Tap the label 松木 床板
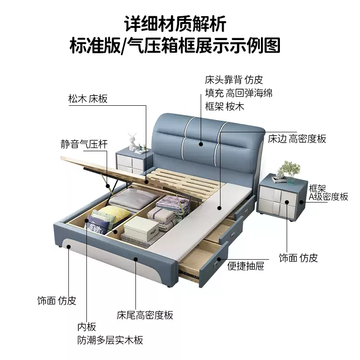click(88, 99)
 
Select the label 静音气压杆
click(84, 144)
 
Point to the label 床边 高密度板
click(297, 139)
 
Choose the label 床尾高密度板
click(145, 315)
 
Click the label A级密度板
click(328, 197)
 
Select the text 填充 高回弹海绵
click(238, 94)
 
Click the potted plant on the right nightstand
click(288, 169)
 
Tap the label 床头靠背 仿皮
click(233, 80)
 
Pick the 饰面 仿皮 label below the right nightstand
click(298, 258)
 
